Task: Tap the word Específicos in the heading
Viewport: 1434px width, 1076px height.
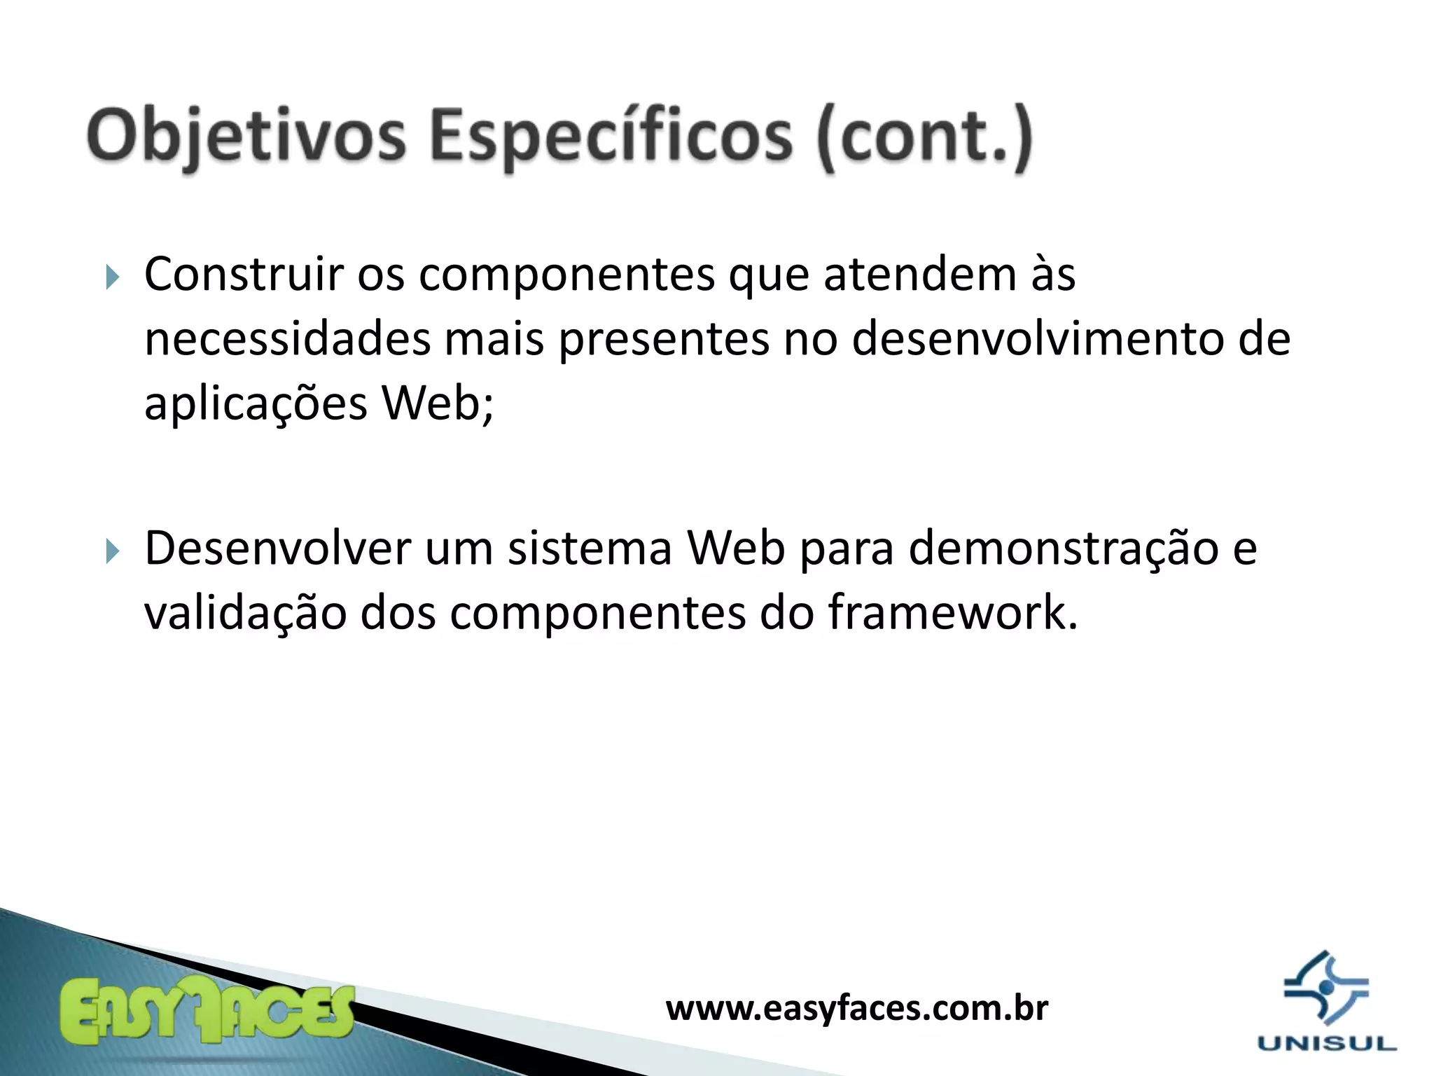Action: point(611,137)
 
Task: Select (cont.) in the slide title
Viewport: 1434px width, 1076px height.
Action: point(924,137)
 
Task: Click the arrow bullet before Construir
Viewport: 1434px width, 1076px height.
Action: point(113,277)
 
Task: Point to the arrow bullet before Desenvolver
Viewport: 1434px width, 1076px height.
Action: point(113,551)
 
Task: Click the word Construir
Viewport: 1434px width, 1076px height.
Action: point(244,275)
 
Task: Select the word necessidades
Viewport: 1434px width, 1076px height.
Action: point(287,340)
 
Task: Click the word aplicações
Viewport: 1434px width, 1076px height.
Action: point(256,405)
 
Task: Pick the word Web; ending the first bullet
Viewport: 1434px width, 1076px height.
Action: point(438,403)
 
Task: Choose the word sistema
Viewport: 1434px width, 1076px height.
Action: point(590,549)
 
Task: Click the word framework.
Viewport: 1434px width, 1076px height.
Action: point(952,612)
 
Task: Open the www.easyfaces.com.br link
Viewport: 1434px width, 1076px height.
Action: point(856,1009)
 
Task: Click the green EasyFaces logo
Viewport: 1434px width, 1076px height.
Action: point(207,1012)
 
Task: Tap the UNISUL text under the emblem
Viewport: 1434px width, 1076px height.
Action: point(1326,1044)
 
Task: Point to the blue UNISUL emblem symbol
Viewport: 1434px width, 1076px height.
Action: point(1325,988)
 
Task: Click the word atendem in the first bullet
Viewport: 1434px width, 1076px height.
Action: point(919,275)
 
